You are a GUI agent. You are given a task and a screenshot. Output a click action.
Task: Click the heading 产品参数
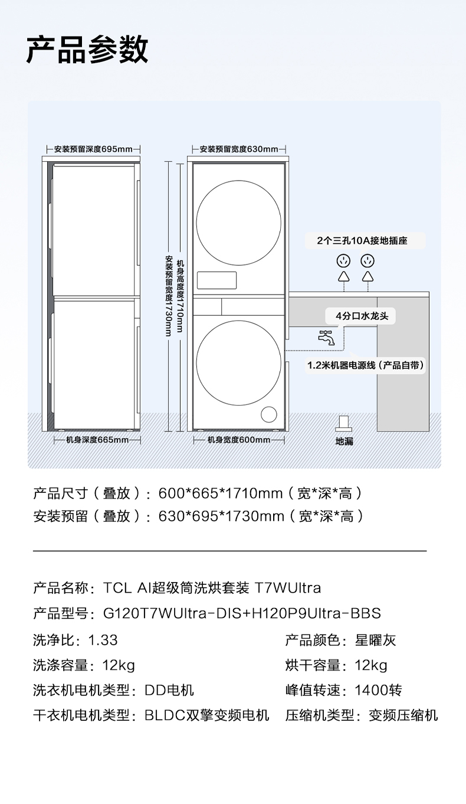pos(87,50)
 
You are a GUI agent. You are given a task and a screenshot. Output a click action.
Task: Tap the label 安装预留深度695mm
pos(93,149)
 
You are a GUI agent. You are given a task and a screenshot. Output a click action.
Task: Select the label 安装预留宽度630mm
pos(238,149)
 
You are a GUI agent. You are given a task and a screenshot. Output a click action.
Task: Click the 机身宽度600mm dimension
pos(238,440)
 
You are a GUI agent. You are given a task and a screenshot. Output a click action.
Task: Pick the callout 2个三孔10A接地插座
pos(362,241)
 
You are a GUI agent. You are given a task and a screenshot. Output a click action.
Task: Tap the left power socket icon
pos(343,260)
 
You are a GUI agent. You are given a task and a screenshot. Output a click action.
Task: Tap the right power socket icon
pos(368,260)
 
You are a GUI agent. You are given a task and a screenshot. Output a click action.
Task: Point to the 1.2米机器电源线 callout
pos(365,365)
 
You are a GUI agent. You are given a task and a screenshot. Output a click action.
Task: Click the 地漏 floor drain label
pos(344,441)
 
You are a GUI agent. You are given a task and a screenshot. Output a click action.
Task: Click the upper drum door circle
pos(238,210)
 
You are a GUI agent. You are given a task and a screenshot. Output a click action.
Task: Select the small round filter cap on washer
pos(269,414)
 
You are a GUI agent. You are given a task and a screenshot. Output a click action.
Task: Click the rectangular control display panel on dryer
pos(216,280)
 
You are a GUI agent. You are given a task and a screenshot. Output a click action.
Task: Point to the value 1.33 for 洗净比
pos(103,640)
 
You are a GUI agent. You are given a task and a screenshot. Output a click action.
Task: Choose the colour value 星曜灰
pos(375,640)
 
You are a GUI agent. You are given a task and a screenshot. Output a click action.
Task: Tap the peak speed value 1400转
pos(378,690)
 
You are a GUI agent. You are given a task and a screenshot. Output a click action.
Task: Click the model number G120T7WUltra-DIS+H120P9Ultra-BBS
pos(242,613)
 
